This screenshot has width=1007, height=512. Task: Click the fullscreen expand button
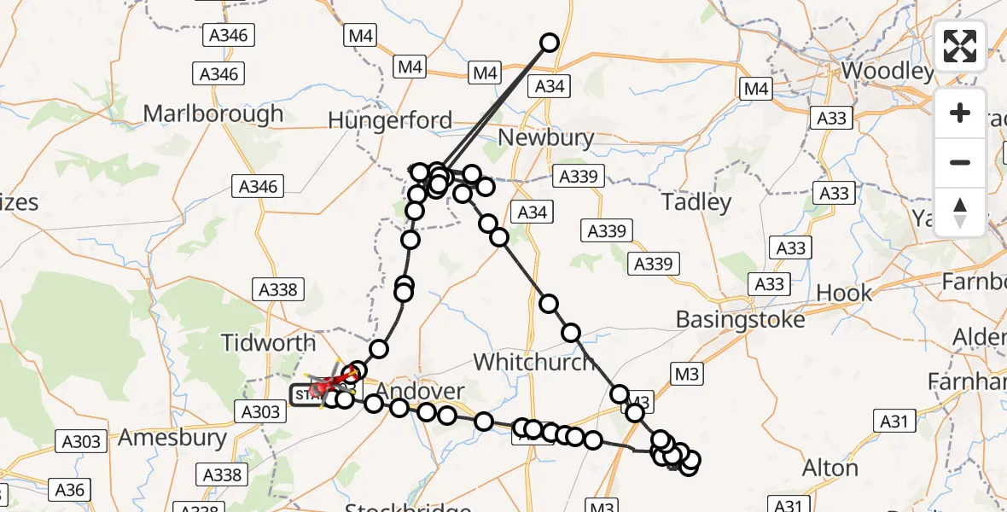[960, 46]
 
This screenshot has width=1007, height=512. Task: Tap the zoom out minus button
[960, 162]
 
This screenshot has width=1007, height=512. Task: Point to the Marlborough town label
[213, 113]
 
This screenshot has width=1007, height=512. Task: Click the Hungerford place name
[390, 120]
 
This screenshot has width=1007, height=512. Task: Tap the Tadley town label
[696, 202]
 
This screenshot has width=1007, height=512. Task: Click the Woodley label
[888, 70]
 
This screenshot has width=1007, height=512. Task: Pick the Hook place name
[844, 293]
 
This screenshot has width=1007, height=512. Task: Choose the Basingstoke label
[740, 319]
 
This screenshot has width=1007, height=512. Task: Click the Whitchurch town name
[533, 362]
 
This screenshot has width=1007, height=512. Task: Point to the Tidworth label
[268, 343]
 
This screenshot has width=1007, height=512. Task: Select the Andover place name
[421, 392]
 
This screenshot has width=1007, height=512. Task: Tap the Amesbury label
[172, 438]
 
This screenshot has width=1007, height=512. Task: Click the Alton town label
[830, 468]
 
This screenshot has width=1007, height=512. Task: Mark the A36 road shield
[70, 489]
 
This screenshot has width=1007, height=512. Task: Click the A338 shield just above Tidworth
[277, 290]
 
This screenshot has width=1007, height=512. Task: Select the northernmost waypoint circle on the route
[550, 43]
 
